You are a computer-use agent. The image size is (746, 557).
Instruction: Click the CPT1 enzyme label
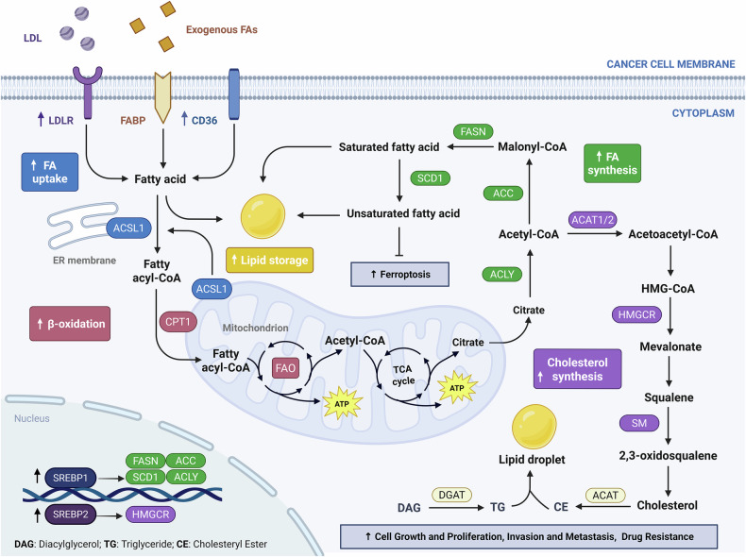pyautogui.click(x=178, y=322)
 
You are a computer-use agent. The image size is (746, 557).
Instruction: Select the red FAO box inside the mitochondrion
pyautogui.click(x=285, y=367)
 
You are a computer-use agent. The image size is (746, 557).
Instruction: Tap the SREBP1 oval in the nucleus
pyautogui.click(x=71, y=478)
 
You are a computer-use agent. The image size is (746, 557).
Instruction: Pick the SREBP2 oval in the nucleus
pyautogui.click(x=71, y=515)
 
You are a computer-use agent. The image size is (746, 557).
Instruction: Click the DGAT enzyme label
pyautogui.click(x=451, y=496)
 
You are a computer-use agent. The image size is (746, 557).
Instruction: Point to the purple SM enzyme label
pyautogui.click(x=639, y=423)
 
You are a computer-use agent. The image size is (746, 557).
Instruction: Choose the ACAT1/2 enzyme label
pyautogui.click(x=592, y=220)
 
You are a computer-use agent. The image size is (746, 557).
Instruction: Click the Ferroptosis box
pyautogui.click(x=399, y=275)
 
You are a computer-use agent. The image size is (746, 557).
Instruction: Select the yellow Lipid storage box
pyautogui.click(x=270, y=261)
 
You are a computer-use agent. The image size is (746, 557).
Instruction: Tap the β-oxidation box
pyautogui.click(x=70, y=324)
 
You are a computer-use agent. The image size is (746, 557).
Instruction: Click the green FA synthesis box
pyautogui.click(x=612, y=163)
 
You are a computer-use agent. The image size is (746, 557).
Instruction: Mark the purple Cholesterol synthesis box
pyautogui.click(x=578, y=369)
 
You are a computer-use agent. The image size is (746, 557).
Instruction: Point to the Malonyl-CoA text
pyautogui.click(x=532, y=147)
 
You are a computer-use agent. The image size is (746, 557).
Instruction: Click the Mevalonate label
pyautogui.click(x=670, y=346)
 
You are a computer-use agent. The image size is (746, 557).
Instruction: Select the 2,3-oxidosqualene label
pyautogui.click(x=668, y=456)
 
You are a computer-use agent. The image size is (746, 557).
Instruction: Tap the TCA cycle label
pyautogui.click(x=403, y=375)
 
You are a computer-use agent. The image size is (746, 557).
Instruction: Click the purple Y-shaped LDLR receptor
pyautogui.click(x=87, y=93)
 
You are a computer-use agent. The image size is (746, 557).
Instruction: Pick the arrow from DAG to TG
pyautogui.click(x=456, y=508)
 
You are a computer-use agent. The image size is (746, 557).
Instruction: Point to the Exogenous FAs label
pyautogui.click(x=222, y=30)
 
